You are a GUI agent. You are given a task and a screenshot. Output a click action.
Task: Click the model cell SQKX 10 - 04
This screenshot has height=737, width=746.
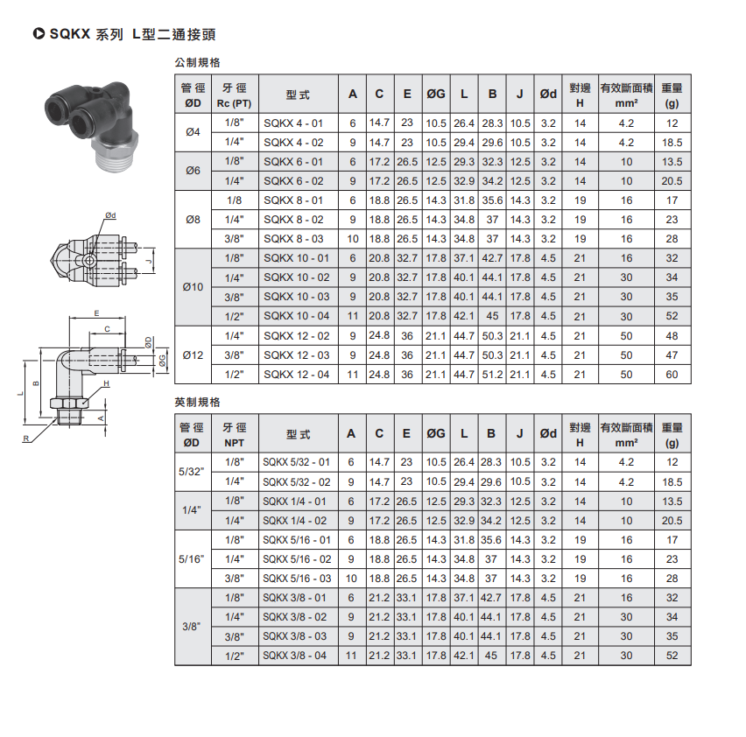pyautogui.click(x=297, y=316)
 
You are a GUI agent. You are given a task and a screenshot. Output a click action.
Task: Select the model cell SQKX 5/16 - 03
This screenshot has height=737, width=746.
pyautogui.click(x=297, y=579)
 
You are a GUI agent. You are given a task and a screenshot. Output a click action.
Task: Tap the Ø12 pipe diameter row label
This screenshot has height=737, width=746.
pyautogui.click(x=193, y=355)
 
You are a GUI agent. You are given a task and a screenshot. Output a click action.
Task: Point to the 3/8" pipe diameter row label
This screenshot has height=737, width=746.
pyautogui.click(x=191, y=627)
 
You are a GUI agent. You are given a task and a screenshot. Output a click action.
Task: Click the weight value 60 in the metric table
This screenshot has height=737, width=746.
pyautogui.click(x=672, y=375)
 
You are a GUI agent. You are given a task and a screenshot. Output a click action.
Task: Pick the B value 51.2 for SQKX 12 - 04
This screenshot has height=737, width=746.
pyautogui.click(x=492, y=375)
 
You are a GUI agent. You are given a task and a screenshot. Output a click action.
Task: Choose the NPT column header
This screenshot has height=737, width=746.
pyautogui.click(x=234, y=443)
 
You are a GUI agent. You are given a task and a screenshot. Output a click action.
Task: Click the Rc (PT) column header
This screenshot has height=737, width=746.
pyautogui.click(x=234, y=103)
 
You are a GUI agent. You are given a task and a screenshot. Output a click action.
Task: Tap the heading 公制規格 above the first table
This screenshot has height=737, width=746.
pyautogui.click(x=197, y=62)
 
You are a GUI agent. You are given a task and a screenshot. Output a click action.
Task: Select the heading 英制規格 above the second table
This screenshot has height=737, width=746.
pyautogui.click(x=197, y=403)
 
